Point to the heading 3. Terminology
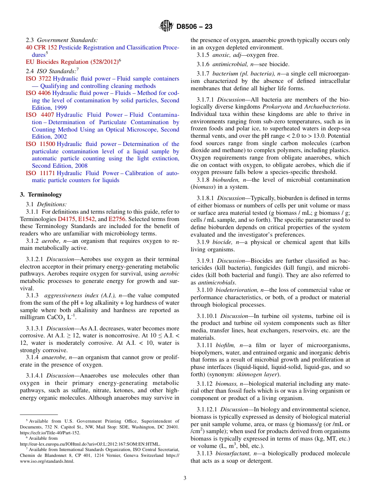[41, 194]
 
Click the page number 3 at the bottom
[185, 478]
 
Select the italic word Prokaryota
[276, 107]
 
